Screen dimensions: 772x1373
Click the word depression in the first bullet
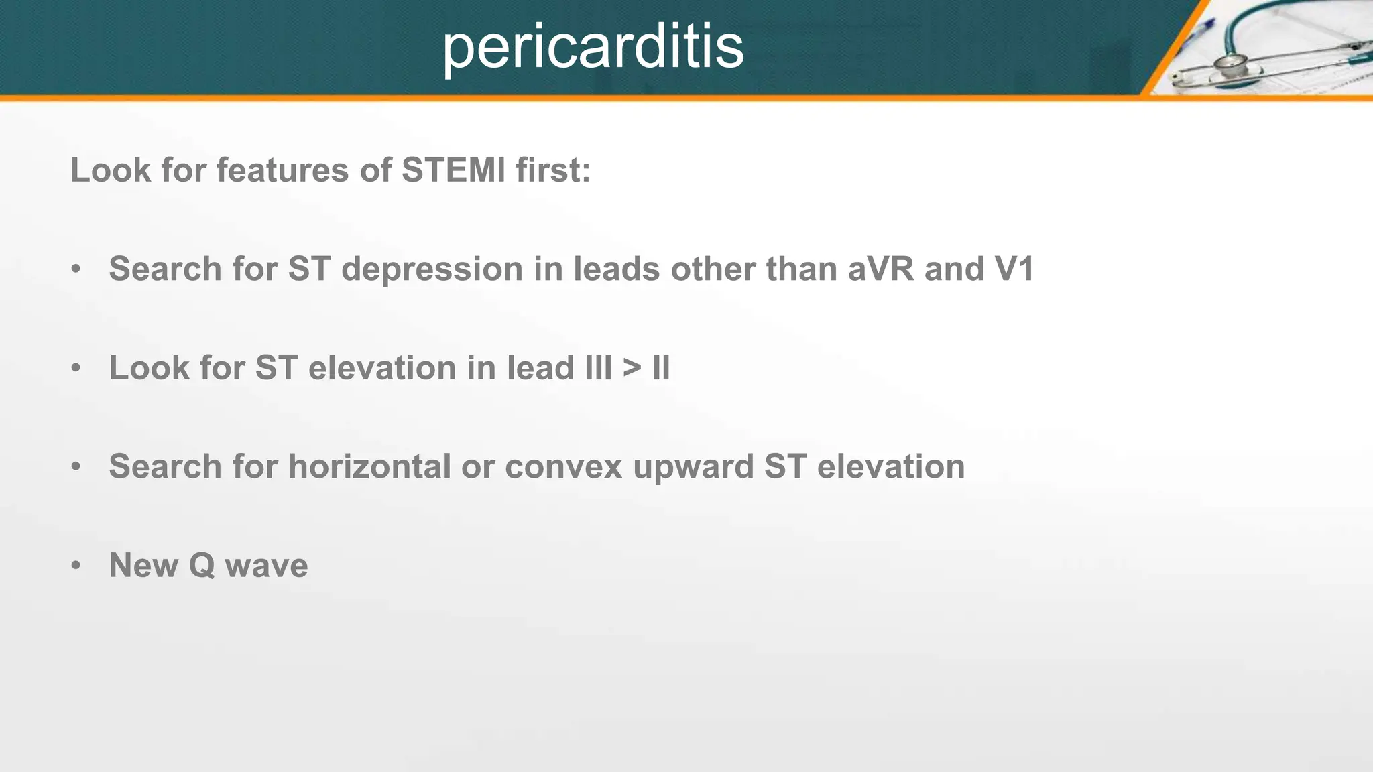(x=432, y=269)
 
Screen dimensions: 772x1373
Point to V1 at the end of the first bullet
(x=1014, y=269)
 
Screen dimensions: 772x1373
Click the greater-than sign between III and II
(x=632, y=368)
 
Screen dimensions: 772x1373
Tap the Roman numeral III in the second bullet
(x=598, y=368)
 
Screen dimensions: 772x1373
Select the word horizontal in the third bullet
(x=369, y=466)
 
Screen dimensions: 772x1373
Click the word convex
(x=564, y=466)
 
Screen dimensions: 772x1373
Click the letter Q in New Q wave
(x=201, y=566)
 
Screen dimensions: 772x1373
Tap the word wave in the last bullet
(x=266, y=566)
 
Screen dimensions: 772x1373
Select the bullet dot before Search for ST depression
(x=76, y=269)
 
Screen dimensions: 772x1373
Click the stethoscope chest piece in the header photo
(x=1230, y=65)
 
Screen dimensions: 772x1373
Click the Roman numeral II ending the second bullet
(x=661, y=368)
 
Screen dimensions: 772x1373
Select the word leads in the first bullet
(x=617, y=269)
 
